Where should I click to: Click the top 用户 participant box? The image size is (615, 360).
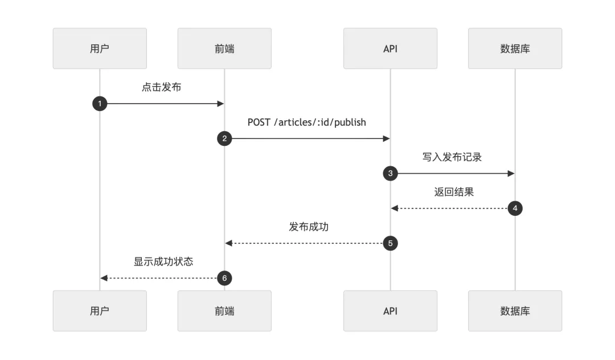click(x=100, y=48)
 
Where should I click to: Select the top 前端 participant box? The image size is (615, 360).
click(x=224, y=48)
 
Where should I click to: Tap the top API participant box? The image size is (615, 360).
click(x=390, y=48)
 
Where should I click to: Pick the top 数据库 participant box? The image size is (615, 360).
click(x=515, y=48)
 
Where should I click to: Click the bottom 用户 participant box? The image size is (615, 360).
click(x=100, y=311)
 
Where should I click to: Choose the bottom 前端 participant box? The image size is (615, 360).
click(x=224, y=311)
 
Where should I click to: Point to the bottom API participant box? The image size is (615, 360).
click(x=390, y=311)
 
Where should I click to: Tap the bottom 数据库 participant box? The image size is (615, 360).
click(x=515, y=311)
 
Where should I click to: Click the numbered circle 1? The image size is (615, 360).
click(x=100, y=104)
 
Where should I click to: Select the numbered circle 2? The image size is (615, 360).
click(x=224, y=138)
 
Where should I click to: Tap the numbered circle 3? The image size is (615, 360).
click(x=390, y=173)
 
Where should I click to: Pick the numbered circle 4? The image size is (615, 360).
click(x=515, y=208)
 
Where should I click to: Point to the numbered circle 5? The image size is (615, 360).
click(x=390, y=243)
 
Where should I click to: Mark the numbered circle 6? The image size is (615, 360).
click(x=224, y=278)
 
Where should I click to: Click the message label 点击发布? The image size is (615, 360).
click(x=162, y=87)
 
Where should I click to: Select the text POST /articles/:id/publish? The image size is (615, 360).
click(x=307, y=122)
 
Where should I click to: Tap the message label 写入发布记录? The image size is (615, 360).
click(x=452, y=157)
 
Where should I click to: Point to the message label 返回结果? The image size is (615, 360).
click(x=454, y=192)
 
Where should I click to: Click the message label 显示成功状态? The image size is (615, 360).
click(x=163, y=261)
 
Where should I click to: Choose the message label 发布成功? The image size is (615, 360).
click(x=309, y=227)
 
